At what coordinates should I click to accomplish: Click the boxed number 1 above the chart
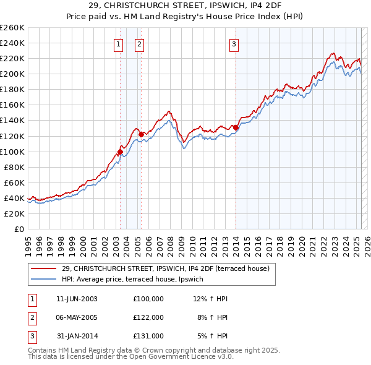(117, 44)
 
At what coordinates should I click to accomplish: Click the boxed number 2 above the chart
(139, 44)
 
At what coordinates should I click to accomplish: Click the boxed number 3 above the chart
(234, 44)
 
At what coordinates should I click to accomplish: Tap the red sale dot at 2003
(120, 151)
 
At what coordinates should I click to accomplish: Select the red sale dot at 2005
(141, 134)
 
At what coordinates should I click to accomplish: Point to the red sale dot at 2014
(236, 127)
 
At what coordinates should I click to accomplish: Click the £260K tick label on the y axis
(12, 28)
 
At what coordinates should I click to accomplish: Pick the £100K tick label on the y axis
(12, 152)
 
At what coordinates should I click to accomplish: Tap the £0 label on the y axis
(18, 229)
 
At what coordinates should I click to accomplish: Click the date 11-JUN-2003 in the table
(77, 299)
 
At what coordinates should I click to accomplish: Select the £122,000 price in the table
(148, 317)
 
